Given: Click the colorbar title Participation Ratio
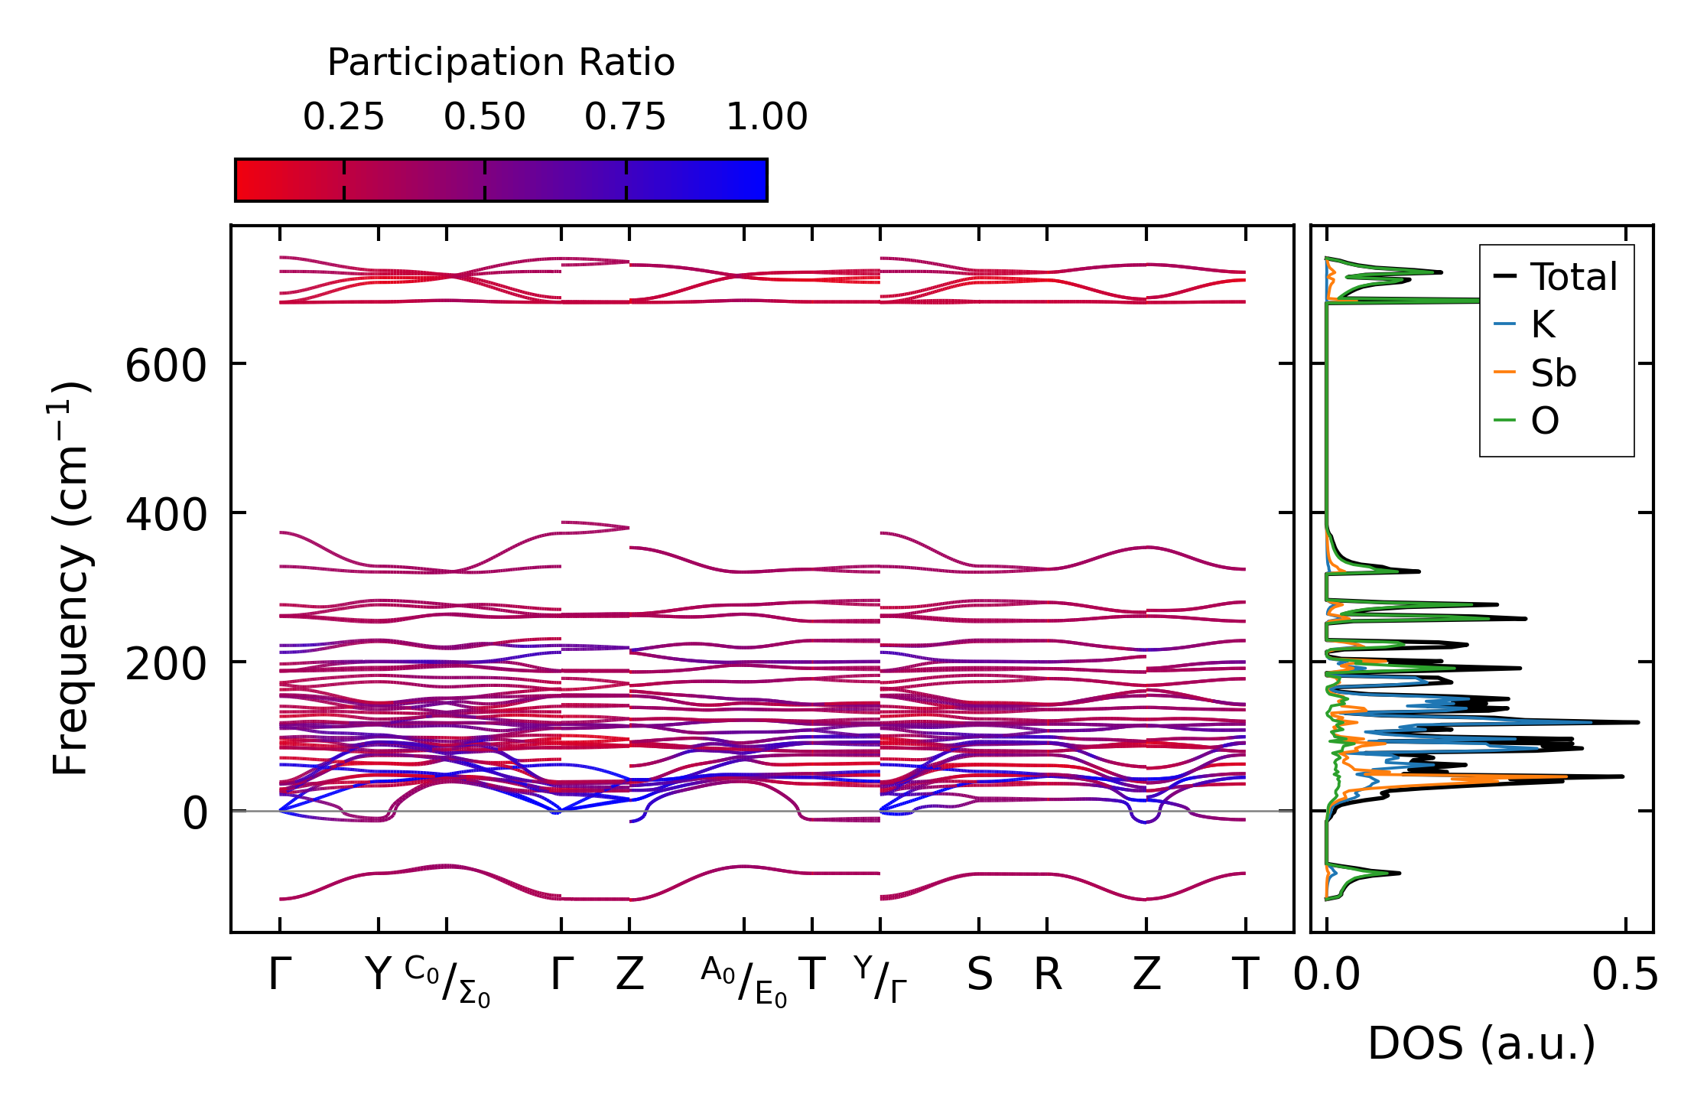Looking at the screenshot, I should [501, 63].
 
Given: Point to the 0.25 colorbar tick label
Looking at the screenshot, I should [343, 117].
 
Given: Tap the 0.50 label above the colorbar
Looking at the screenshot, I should [484, 117].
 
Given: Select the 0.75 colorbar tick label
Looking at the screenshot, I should [626, 117].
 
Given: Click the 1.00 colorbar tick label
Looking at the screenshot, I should [766, 117].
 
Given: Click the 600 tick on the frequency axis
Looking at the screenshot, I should [166, 366].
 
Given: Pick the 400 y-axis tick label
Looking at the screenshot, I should [166, 515].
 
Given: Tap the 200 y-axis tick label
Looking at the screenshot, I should [166, 664].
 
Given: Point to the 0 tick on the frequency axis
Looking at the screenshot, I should [195, 813].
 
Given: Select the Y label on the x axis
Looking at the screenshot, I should [378, 975].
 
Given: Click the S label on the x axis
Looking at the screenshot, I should [980, 975].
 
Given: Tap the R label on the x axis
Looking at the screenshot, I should [1048, 975].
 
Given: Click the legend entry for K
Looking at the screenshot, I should [1543, 325].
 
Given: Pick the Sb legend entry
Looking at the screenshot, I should [1553, 373].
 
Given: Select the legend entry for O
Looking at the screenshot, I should [1545, 421].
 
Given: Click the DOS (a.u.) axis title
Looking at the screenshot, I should [1481, 1043].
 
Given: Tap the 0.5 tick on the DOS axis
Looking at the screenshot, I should [1624, 975].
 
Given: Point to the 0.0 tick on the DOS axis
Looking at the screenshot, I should [1327, 975].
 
